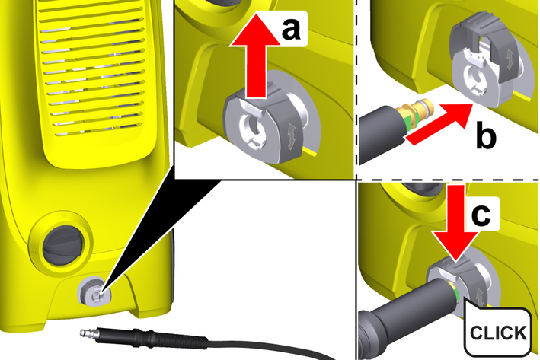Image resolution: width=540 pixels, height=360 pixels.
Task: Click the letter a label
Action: [x=291, y=29]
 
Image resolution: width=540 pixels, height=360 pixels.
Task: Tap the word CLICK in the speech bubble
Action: [x=498, y=333]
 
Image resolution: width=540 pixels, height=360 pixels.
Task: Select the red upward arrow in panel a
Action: [x=255, y=55]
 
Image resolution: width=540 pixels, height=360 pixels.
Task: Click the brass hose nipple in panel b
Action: [x=417, y=113]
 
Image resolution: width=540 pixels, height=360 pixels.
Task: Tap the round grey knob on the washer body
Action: [x=63, y=245]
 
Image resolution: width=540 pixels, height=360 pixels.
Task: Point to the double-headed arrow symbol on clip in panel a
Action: [x=292, y=136]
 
